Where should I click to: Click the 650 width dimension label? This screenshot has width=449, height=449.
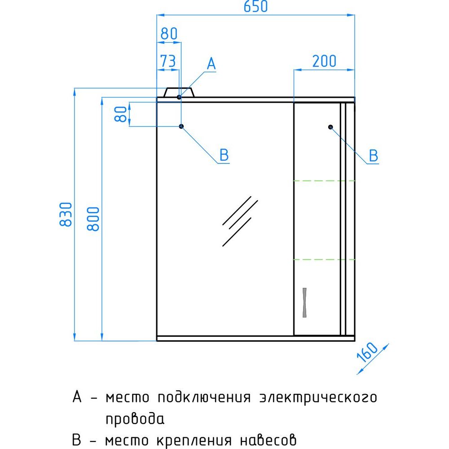[255, 6]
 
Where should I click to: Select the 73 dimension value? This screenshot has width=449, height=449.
[168, 61]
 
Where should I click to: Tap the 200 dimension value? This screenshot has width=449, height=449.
[324, 61]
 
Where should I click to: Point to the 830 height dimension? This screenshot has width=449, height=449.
[66, 214]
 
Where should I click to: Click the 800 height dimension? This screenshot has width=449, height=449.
[93, 219]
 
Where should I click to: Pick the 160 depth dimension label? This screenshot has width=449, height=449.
[367, 352]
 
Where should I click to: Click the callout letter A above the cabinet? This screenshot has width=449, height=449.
[211, 64]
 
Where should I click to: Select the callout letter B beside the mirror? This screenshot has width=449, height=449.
[224, 155]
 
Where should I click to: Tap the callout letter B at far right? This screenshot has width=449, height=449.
[374, 155]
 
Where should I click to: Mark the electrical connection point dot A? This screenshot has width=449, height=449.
[179, 97]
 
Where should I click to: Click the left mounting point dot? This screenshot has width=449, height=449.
[181, 126]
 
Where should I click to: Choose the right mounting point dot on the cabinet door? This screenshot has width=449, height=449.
[330, 127]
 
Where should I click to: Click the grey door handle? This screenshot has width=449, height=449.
[304, 302]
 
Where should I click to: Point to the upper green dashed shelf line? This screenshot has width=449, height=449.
[325, 180]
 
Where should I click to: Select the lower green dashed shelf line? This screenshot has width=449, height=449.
[325, 260]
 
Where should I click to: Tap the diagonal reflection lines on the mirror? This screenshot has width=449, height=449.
[240, 221]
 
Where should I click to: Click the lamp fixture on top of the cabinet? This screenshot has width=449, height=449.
[179, 92]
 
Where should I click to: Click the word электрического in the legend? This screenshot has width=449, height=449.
[318, 398]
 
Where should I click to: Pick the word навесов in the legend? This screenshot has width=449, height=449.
[268, 440]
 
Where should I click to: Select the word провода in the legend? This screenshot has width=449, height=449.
[135, 419]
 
